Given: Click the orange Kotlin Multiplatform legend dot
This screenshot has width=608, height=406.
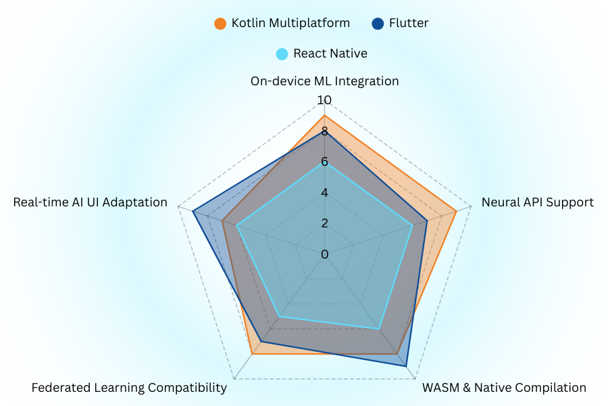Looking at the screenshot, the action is [220, 24].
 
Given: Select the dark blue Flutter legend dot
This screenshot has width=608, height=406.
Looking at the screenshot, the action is [378, 24].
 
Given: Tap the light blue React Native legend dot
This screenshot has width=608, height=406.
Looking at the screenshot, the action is [282, 54].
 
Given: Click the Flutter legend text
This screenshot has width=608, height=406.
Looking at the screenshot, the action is [409, 23].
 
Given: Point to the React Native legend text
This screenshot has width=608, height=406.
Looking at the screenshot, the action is [330, 53].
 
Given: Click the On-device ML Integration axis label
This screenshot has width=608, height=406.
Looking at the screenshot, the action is [324, 81].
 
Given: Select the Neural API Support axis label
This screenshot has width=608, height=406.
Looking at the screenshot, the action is [538, 202].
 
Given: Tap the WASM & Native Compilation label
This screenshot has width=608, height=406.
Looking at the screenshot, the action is [504, 388].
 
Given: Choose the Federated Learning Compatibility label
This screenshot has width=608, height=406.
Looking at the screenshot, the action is [129, 388].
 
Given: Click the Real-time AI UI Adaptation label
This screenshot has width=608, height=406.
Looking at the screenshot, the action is [91, 202].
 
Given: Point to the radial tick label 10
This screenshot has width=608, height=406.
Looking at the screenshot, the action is [324, 100].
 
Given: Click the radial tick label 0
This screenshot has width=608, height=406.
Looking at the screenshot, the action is [325, 254].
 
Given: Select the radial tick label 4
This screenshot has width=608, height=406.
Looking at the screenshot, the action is [324, 193].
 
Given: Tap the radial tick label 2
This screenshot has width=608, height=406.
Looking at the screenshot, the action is [325, 223].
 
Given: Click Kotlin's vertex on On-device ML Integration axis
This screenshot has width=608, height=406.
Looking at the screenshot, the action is [324, 116].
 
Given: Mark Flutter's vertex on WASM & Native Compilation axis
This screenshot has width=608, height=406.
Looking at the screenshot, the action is [406, 366].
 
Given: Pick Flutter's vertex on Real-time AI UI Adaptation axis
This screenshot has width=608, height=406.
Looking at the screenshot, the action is [193, 211].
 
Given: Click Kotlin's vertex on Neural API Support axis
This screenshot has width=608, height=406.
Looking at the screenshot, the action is [457, 211].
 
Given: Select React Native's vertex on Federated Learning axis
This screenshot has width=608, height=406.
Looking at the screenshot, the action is [279, 317].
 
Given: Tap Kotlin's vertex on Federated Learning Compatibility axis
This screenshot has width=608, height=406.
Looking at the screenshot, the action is [252, 354].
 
